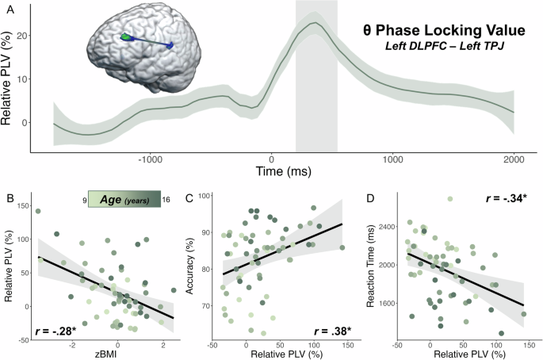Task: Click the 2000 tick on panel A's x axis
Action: [x=514, y=158]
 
